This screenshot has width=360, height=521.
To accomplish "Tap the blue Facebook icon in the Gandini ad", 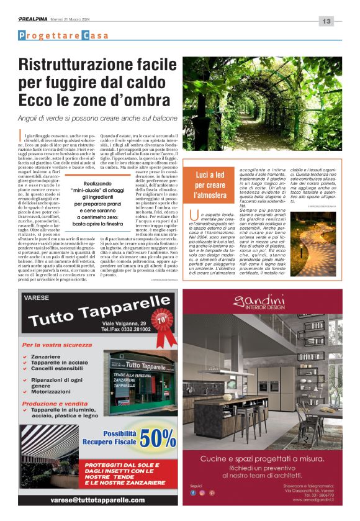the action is [194, 493].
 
